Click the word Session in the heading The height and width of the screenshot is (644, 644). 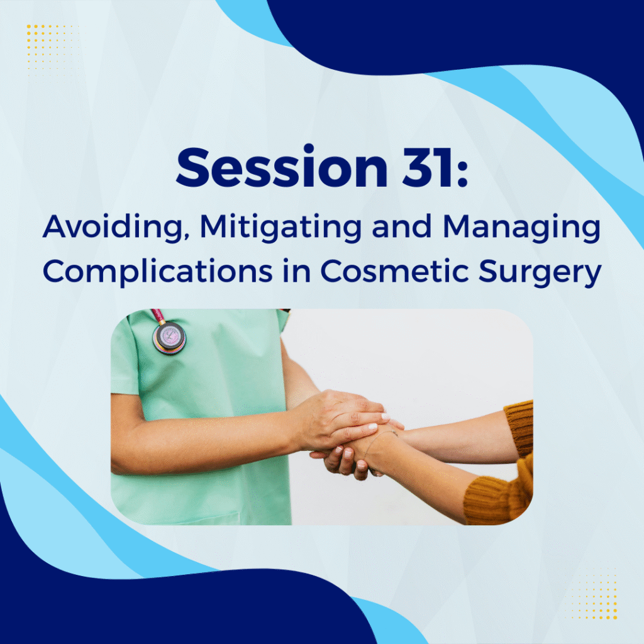282,167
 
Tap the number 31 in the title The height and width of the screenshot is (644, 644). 428,167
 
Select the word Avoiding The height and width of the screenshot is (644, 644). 113,227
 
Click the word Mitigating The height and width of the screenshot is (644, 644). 280,227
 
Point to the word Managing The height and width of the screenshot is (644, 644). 521,227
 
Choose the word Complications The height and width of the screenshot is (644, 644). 157,272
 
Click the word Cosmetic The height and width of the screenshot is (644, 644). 394,270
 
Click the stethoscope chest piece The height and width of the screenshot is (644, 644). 169,338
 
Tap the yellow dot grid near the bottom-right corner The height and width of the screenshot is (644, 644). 594,594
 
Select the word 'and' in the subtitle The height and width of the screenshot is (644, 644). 402,226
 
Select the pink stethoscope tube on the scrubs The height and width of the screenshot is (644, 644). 158,316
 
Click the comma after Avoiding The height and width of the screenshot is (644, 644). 186,237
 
